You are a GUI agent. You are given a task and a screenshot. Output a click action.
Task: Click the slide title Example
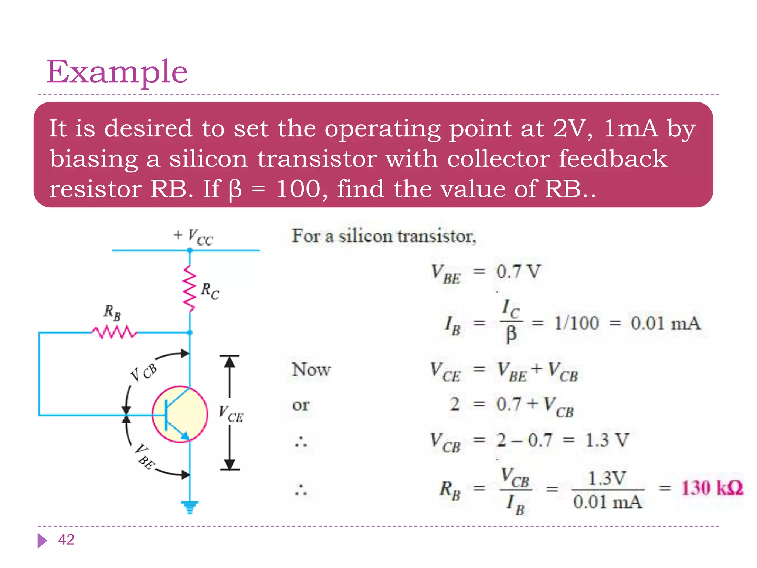pyautogui.click(x=117, y=72)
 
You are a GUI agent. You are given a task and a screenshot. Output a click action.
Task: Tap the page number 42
pyautogui.click(x=66, y=540)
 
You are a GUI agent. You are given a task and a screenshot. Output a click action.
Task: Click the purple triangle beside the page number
pyautogui.click(x=42, y=540)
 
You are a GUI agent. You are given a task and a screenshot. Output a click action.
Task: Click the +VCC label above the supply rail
pyautogui.click(x=193, y=236)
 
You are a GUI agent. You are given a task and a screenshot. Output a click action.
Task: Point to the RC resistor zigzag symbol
pyautogui.click(x=189, y=289)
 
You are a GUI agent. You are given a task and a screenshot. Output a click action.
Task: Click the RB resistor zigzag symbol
pyautogui.click(x=114, y=332)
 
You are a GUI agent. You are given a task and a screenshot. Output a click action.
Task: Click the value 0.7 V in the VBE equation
pyautogui.click(x=518, y=272)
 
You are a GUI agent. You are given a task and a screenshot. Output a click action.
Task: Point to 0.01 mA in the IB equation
pyautogui.click(x=665, y=323)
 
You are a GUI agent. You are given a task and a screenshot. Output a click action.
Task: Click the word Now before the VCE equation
pyautogui.click(x=311, y=369)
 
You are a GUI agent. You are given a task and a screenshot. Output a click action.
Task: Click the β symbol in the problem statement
pyautogui.click(x=235, y=189)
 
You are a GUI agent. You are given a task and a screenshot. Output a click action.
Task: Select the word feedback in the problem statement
pyautogui.click(x=612, y=159)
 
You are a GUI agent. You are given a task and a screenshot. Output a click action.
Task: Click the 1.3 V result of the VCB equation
pyautogui.click(x=607, y=440)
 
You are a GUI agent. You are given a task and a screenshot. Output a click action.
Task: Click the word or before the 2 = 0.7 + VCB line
pyautogui.click(x=301, y=405)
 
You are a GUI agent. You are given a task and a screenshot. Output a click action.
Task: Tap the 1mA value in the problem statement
pyautogui.click(x=631, y=129)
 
